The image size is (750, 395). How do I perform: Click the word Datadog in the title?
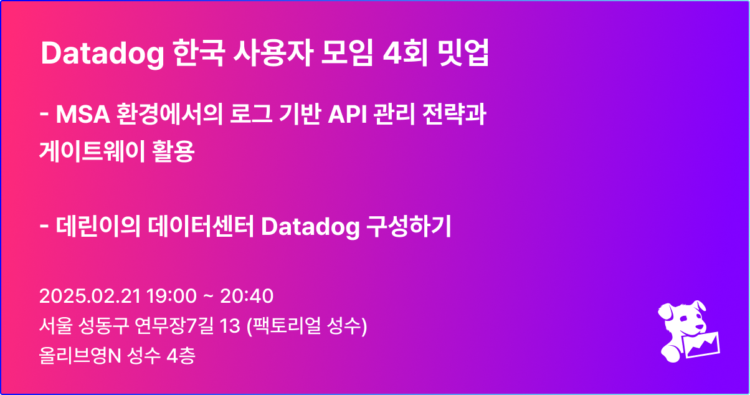point(100,55)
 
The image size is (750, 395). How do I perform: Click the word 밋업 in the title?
point(463,55)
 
